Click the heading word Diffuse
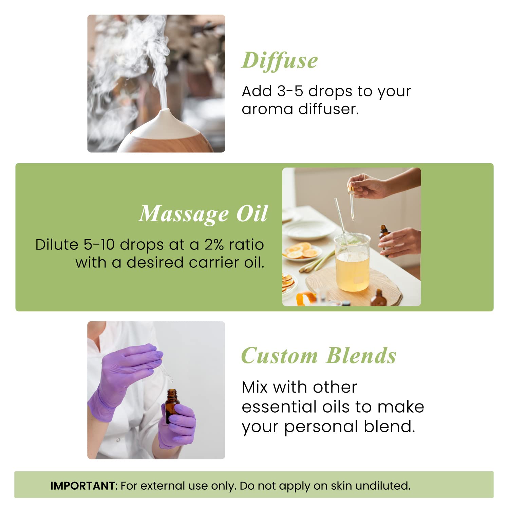point(280,61)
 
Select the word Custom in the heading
point(279,356)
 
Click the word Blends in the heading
point(361,356)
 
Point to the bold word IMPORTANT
point(82,486)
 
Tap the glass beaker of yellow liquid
point(352,263)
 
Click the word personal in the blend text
point(321,427)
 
